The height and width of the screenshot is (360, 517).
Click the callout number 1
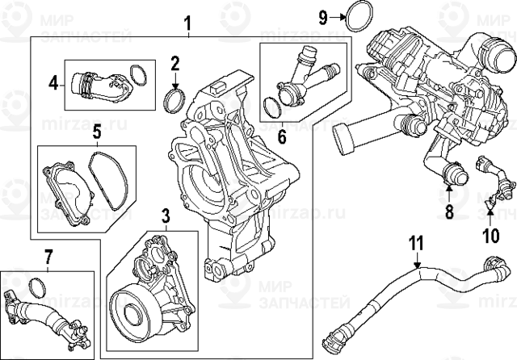(187, 22)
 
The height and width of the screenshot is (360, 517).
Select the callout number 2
(174, 61)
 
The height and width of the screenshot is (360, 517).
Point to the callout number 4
(53, 82)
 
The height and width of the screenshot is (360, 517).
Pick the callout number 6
(282, 136)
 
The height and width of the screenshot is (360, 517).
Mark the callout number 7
(48, 257)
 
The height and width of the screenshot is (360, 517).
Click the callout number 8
(450, 213)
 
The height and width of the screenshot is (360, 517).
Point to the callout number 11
(415, 242)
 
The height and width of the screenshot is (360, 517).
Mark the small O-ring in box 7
(36, 287)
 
